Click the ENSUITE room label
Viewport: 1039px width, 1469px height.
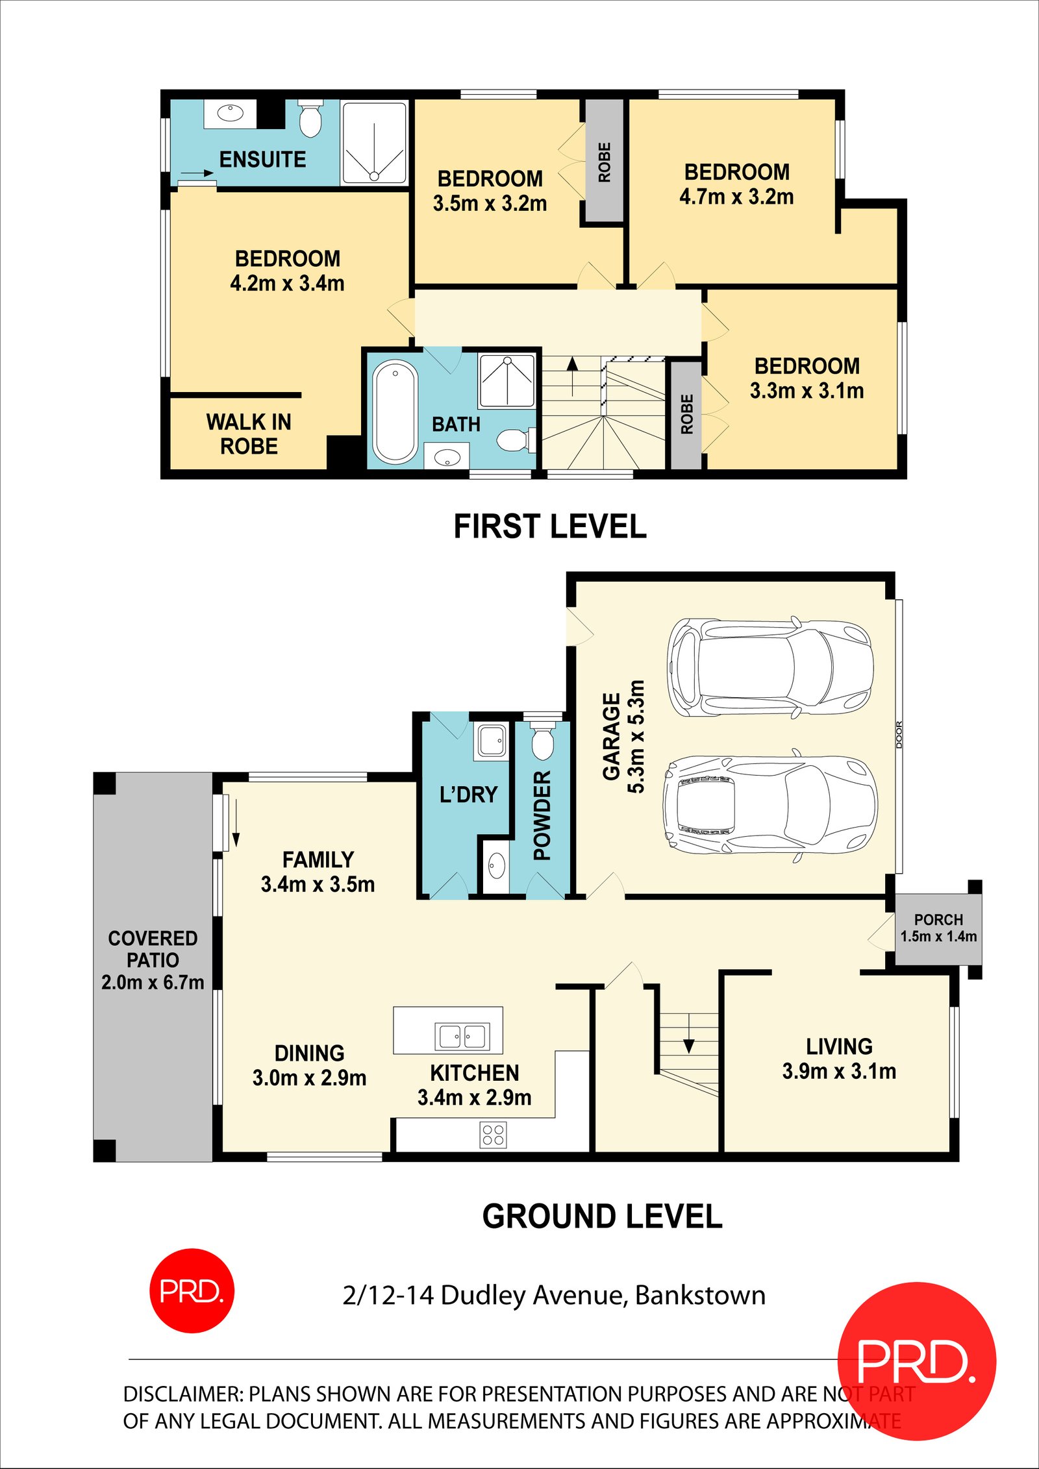click(x=262, y=160)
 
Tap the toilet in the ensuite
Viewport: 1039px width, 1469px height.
click(x=310, y=119)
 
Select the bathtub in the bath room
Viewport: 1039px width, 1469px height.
click(x=395, y=412)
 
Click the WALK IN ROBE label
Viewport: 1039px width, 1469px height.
click(x=249, y=434)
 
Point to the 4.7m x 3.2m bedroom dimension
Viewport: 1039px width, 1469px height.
click(x=736, y=197)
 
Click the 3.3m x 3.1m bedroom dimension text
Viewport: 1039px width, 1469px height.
click(x=807, y=391)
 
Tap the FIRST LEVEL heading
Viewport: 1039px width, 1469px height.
click(x=549, y=526)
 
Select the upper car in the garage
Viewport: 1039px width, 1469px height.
click(x=770, y=667)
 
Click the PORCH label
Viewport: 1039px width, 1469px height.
click(x=938, y=920)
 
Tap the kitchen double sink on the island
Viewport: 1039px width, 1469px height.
click(x=462, y=1037)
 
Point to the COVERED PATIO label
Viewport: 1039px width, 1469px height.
click(x=153, y=949)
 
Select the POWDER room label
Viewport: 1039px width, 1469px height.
click(x=542, y=815)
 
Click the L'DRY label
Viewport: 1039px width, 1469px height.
click(x=468, y=795)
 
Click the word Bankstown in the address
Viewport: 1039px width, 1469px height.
click(x=700, y=1295)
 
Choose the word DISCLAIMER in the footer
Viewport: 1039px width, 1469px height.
click(x=182, y=1394)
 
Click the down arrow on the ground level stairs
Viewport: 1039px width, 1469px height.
click(x=688, y=1046)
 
